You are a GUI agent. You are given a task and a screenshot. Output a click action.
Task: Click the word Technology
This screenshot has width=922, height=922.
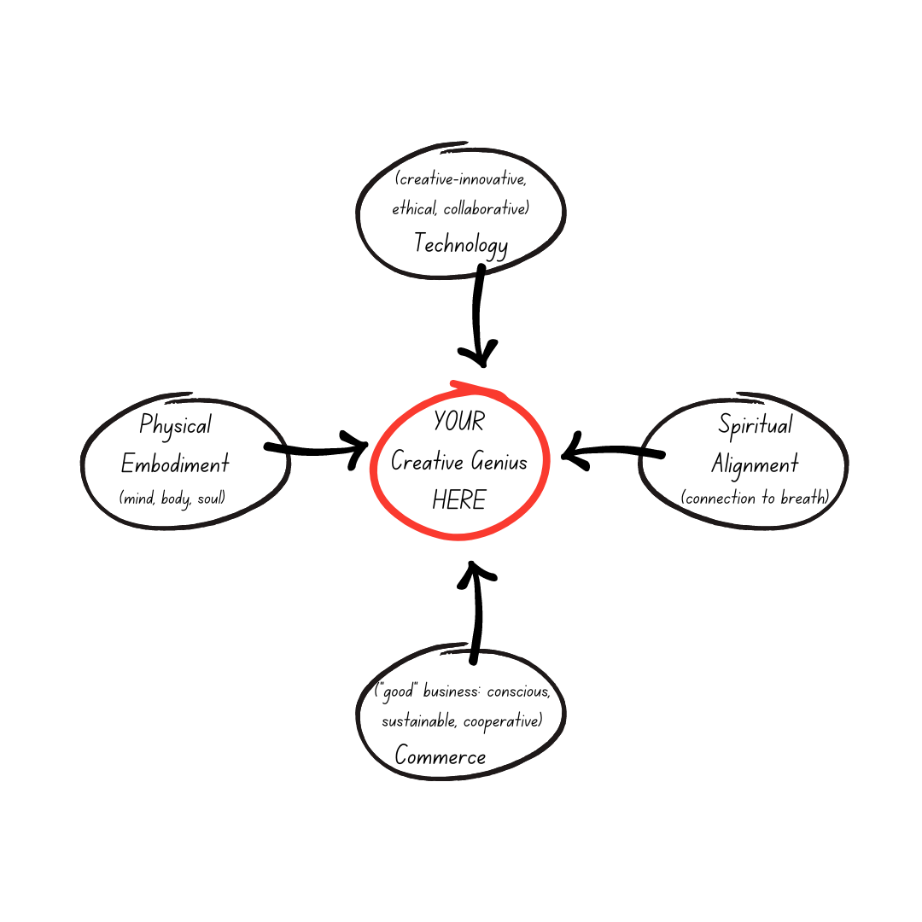point(461,244)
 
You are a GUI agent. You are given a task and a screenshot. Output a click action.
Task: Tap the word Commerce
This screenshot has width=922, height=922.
point(441,756)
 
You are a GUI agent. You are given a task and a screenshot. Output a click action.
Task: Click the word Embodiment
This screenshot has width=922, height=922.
point(175,464)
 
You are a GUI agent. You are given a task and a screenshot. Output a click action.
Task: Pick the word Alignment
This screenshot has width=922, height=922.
point(755,464)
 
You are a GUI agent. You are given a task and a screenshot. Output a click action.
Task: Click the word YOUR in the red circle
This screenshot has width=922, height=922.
point(459,422)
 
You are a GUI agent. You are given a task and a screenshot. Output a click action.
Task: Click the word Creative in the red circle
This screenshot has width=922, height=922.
point(427,462)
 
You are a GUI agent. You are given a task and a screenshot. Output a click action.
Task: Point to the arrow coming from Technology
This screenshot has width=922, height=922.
point(479,316)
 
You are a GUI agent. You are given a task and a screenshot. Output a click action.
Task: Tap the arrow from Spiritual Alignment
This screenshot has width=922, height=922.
point(610,452)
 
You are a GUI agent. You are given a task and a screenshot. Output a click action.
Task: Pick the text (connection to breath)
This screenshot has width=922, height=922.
point(756,498)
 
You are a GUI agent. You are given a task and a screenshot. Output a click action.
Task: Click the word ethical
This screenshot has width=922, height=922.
point(414,209)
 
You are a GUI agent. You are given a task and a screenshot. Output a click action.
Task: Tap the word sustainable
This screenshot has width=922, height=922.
point(419,721)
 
